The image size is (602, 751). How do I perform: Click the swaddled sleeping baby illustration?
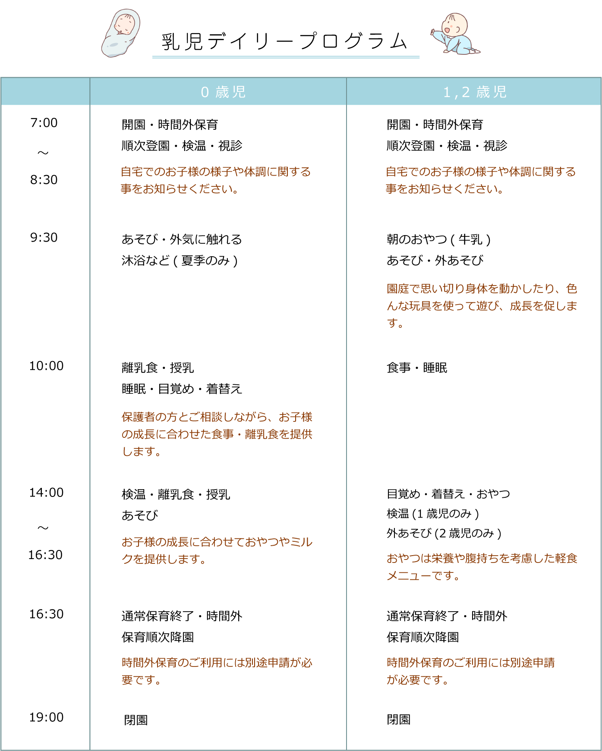click(x=121, y=34)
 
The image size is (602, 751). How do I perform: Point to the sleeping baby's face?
click(x=126, y=24)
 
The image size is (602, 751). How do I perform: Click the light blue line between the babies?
click(x=286, y=57)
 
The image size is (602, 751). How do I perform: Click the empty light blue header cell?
click(x=45, y=91)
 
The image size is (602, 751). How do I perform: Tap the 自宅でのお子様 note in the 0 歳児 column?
click(x=216, y=180)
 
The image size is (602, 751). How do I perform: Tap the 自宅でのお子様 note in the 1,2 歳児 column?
click(x=481, y=180)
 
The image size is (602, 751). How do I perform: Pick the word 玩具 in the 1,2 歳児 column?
click(x=420, y=306)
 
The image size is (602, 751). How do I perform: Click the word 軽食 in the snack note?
click(x=566, y=559)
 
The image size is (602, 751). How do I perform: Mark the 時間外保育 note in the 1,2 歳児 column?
click(x=470, y=671)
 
